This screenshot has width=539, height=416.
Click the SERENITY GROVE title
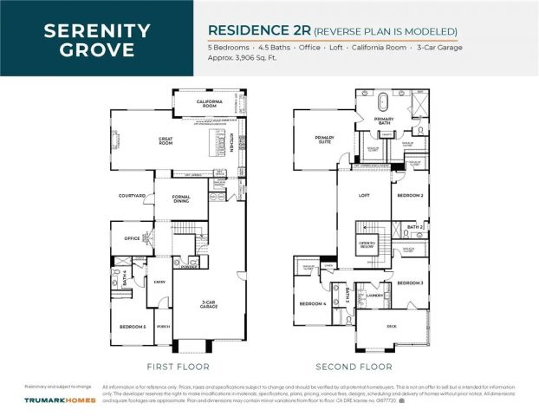tap(96, 40)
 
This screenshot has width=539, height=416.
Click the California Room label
tap(209, 104)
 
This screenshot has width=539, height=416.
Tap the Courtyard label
tap(131, 197)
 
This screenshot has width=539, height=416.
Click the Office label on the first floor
tap(132, 238)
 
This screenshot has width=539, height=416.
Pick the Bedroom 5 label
tap(133, 326)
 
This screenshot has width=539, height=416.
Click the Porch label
tap(163, 328)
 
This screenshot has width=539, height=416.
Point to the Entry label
tap(160, 282)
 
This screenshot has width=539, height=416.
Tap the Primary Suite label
tap(324, 139)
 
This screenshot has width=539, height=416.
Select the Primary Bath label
tap(383, 120)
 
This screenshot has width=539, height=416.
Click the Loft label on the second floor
tap(364, 195)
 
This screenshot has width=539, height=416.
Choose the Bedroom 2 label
tap(409, 196)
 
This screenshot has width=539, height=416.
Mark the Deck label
tap(392, 325)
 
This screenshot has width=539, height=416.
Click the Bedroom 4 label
tap(312, 303)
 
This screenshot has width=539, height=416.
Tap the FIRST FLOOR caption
tap(172, 366)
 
